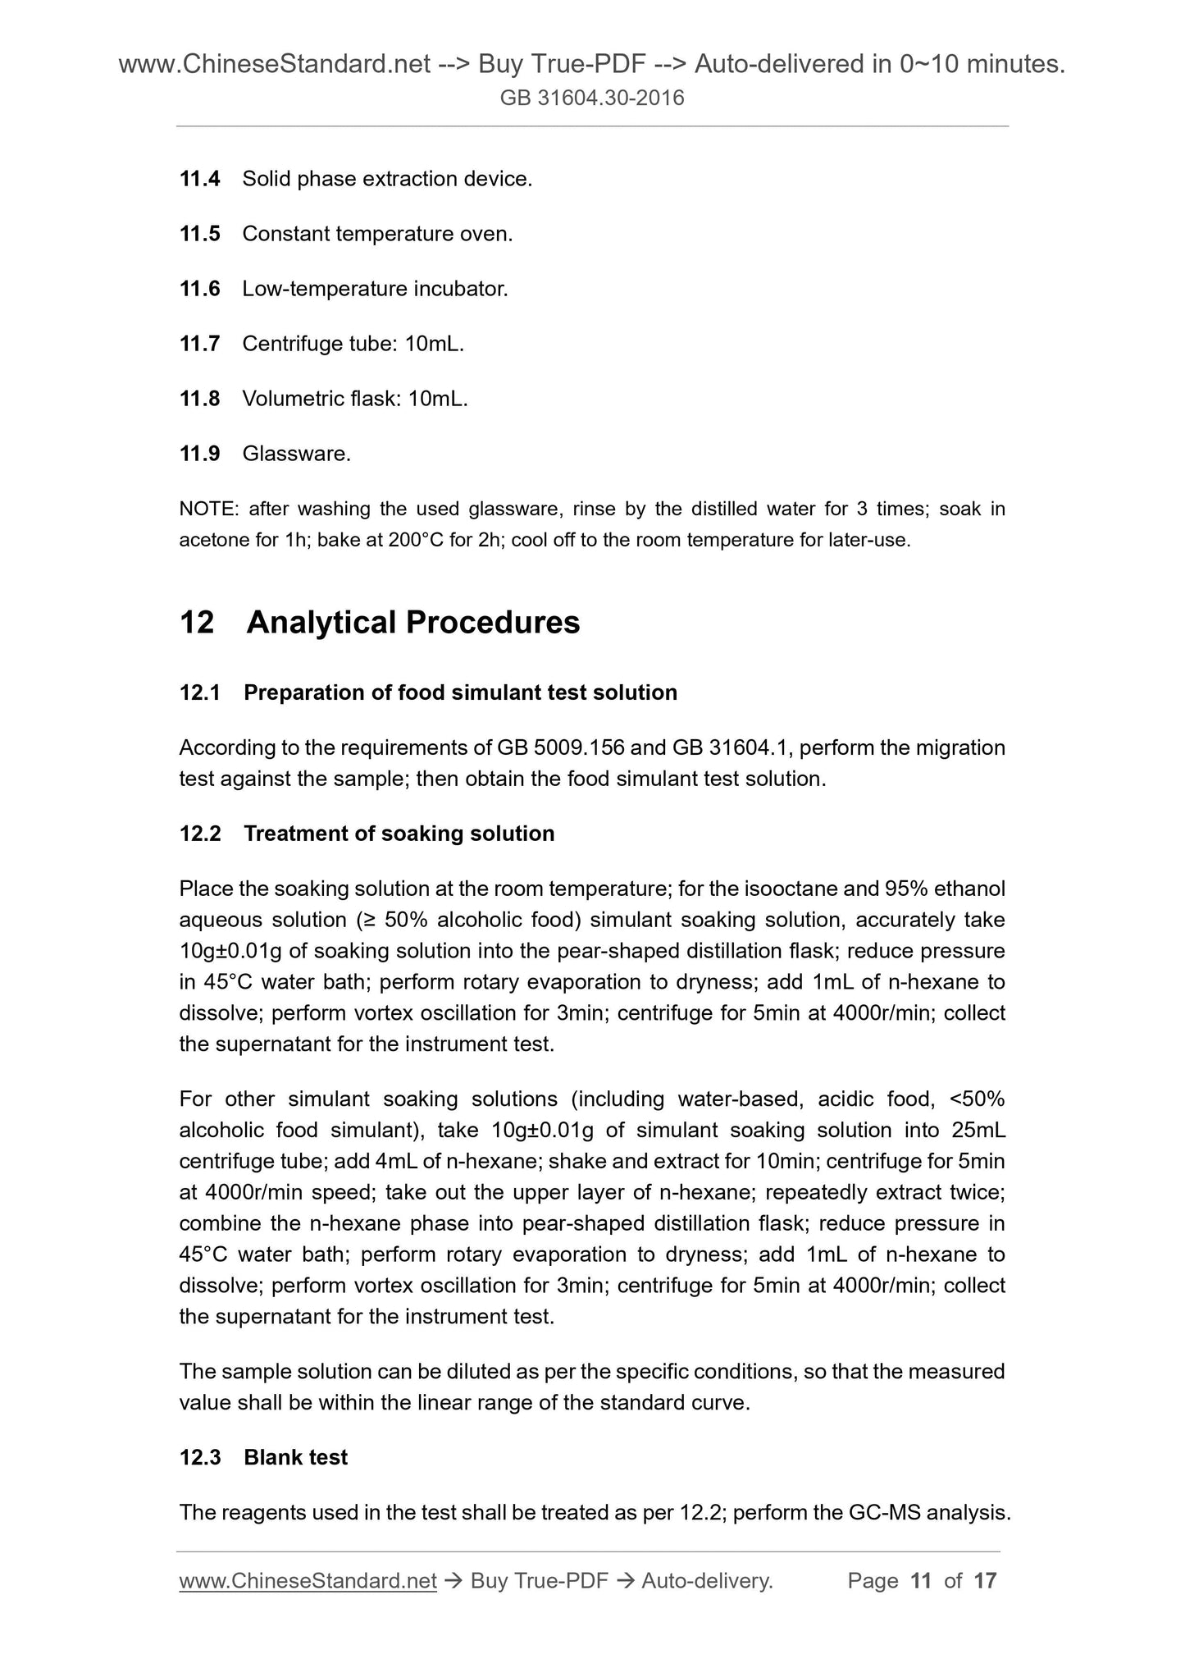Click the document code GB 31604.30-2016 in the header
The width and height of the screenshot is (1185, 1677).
pyautogui.click(x=592, y=99)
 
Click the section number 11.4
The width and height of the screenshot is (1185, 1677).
pyautogui.click(x=199, y=179)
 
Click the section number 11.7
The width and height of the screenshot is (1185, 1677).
pyautogui.click(x=199, y=344)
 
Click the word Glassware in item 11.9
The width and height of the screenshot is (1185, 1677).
pyautogui.click(x=295, y=454)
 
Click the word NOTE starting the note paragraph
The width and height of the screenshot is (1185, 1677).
pyautogui.click(x=207, y=509)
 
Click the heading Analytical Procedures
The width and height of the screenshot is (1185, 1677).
pyautogui.click(x=412, y=622)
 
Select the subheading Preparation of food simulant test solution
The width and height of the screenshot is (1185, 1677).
pyautogui.click(x=460, y=692)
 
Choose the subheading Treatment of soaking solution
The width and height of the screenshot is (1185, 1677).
pyautogui.click(x=399, y=834)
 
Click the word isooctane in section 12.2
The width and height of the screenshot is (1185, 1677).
pyautogui.click(x=791, y=889)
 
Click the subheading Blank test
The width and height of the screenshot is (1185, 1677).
pyautogui.click(x=295, y=1457)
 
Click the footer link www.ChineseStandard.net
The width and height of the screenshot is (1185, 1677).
pyautogui.click(x=307, y=1581)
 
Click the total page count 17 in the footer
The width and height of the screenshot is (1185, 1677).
pyautogui.click(x=985, y=1581)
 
